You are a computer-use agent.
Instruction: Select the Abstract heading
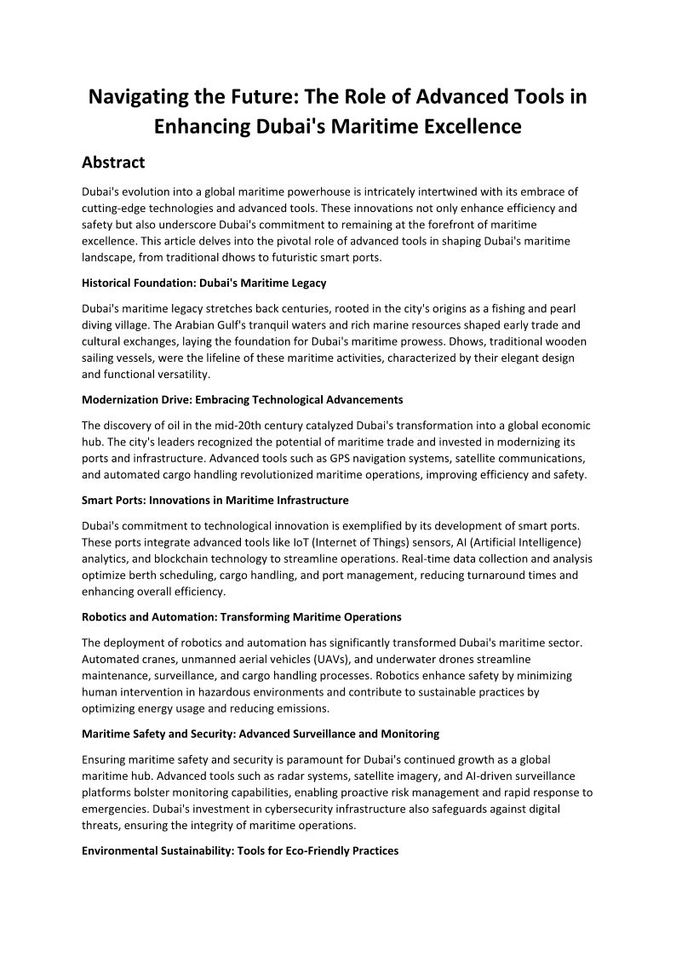113,162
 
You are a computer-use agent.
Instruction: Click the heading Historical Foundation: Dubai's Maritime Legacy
204,283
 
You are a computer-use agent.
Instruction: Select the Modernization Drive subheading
243,399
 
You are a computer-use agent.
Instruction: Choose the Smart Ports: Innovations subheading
215,500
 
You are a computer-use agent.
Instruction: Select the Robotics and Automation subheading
241,616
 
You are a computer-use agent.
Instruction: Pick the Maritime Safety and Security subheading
261,733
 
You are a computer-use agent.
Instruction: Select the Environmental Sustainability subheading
240,850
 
